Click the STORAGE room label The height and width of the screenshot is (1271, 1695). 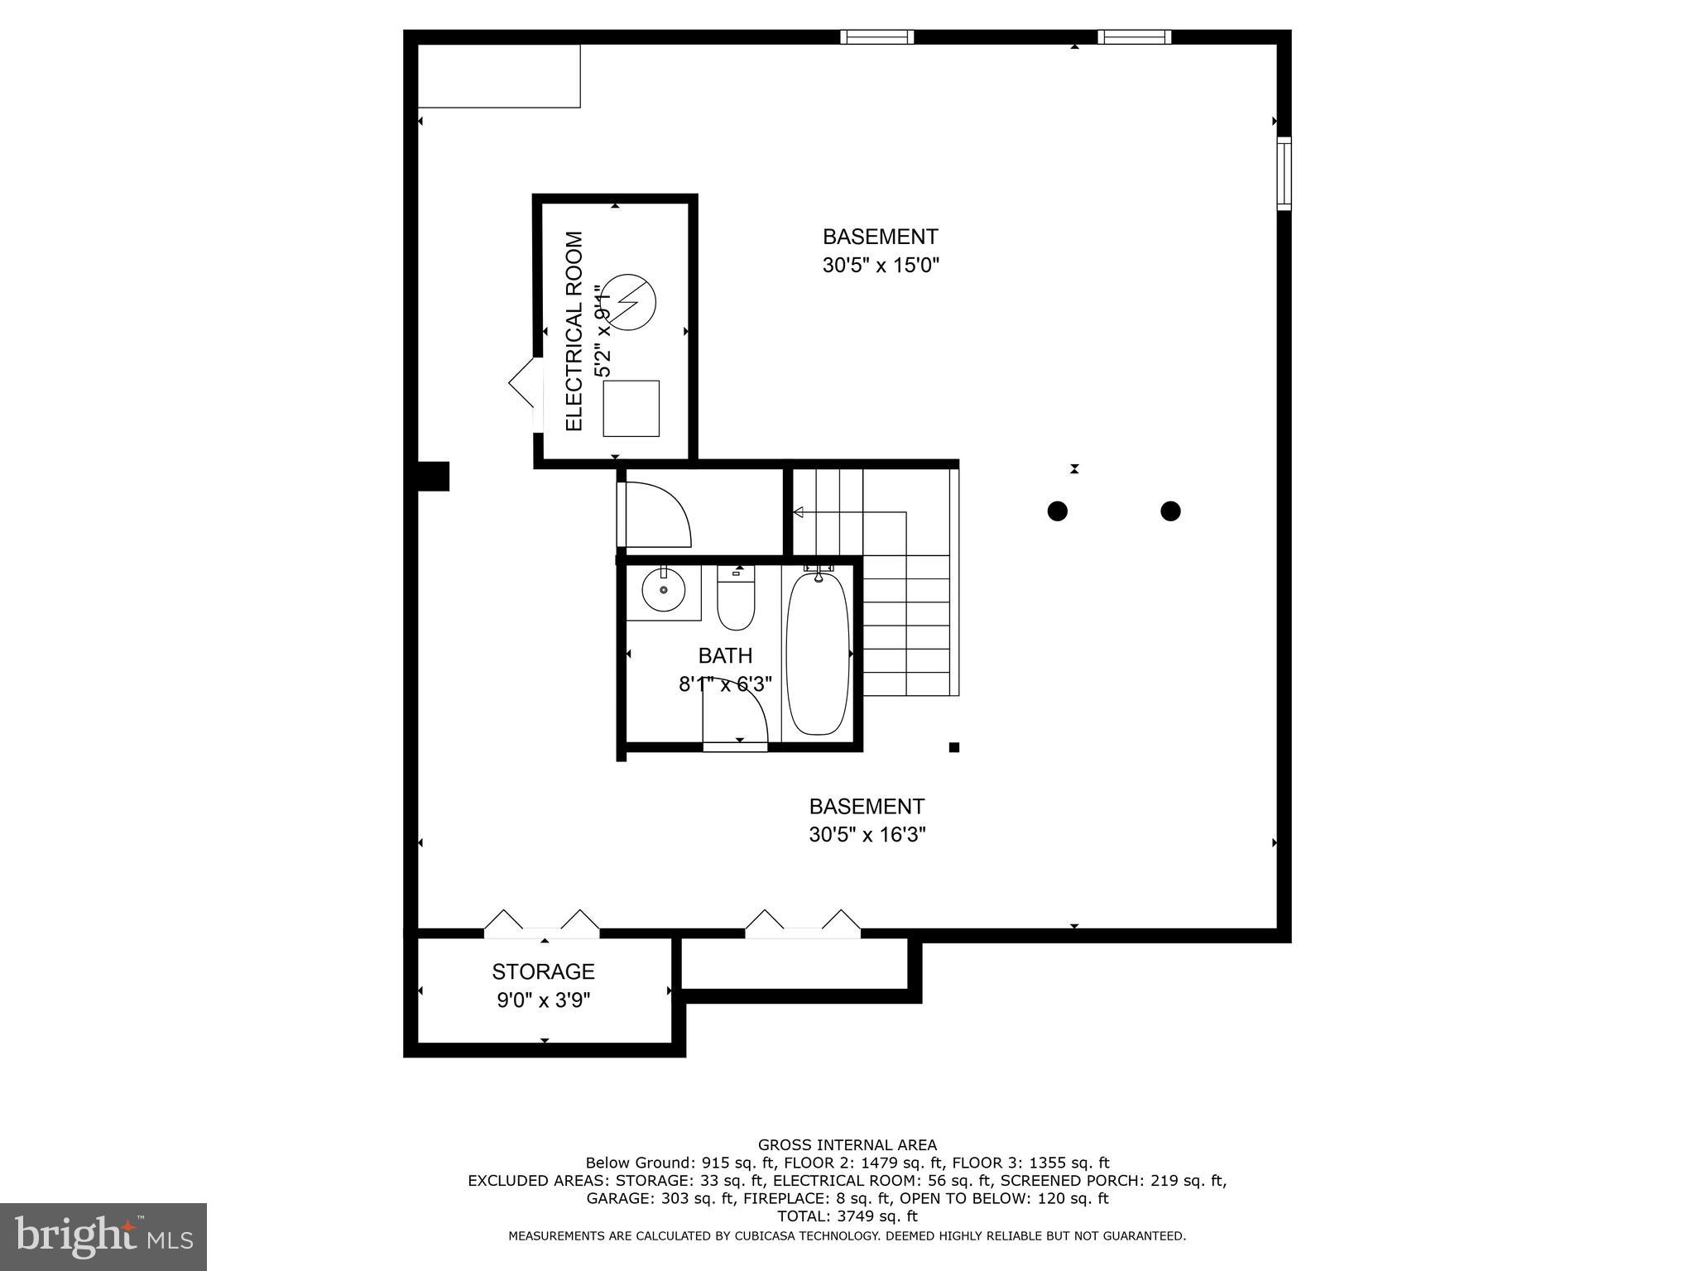[x=543, y=971]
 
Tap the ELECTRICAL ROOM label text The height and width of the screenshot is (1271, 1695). [x=574, y=331]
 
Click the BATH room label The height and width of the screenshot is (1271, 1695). [x=725, y=656]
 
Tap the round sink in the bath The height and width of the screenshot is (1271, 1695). [x=663, y=590]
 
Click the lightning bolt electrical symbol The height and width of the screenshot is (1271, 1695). [x=628, y=303]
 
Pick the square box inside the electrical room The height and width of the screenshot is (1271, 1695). [x=631, y=409]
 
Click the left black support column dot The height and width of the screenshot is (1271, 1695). [x=1057, y=511]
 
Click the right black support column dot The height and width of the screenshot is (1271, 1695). [x=1170, y=511]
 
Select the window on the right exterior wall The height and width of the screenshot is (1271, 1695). [x=1284, y=173]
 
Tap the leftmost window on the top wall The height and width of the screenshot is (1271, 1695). [x=876, y=36]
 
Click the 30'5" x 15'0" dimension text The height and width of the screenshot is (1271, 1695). [x=881, y=266]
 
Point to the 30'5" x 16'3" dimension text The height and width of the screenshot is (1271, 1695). [x=867, y=835]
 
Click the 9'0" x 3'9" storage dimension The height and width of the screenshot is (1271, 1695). [x=543, y=1000]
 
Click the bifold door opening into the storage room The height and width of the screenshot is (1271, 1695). [x=542, y=924]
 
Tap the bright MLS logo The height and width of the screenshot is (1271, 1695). [x=103, y=1236]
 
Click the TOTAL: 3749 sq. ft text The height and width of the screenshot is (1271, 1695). [x=847, y=1216]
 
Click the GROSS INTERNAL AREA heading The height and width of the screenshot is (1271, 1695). [x=847, y=1145]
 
